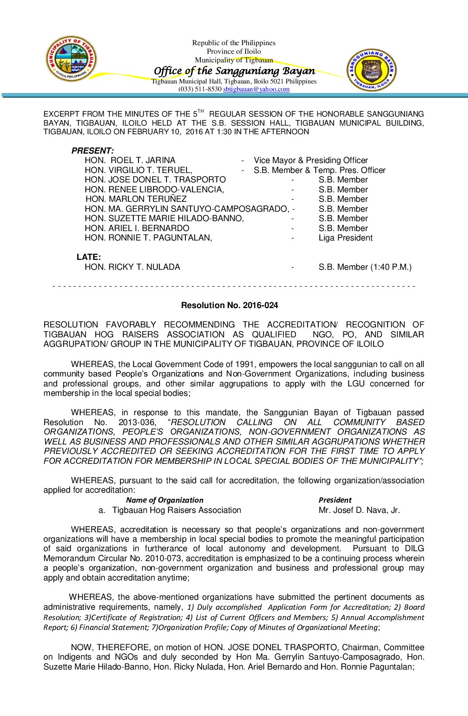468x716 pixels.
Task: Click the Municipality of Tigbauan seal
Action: [x=71, y=59]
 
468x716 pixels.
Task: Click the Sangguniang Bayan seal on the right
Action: [x=372, y=70]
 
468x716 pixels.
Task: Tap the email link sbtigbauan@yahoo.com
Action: [x=256, y=89]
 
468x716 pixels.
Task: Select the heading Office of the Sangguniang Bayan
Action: [x=234, y=71]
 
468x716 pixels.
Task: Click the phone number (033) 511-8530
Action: [x=200, y=89]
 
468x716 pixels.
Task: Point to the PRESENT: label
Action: [x=92, y=151]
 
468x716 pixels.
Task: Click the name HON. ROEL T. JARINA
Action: [x=130, y=160]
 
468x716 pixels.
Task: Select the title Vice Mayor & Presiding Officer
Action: [x=311, y=160]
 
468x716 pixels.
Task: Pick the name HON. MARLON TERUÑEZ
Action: [x=136, y=199]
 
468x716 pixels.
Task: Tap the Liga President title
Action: [x=345, y=238]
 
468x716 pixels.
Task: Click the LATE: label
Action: [x=89, y=257]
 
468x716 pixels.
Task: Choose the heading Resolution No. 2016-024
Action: [x=229, y=305]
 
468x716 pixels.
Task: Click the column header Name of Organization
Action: [x=164, y=500]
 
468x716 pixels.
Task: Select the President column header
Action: [x=335, y=500]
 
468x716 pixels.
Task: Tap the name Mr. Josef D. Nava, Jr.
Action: [x=359, y=510]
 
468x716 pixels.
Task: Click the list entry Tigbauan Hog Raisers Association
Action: [x=176, y=510]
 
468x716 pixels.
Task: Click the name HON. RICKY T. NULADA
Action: [x=132, y=267]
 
